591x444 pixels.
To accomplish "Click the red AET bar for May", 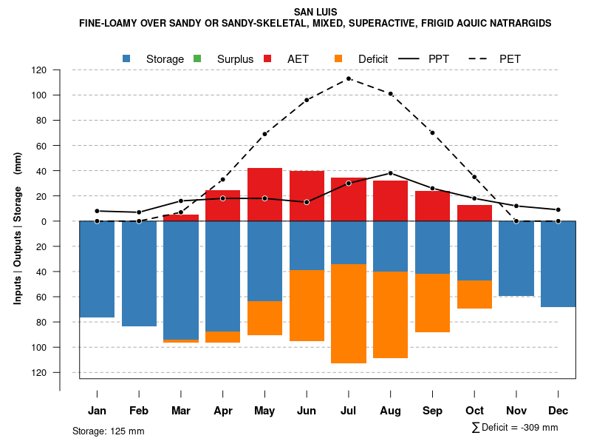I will point(264,195).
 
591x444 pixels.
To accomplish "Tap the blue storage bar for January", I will point(97,269).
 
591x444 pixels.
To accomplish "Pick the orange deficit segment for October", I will point(474,295).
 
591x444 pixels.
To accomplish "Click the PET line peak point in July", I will point(349,78).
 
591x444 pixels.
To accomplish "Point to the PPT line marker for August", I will point(391,173).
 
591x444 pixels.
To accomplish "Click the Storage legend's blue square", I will point(126,58).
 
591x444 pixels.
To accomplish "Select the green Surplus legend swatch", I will point(197,58).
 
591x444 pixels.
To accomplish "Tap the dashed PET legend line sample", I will point(481,58).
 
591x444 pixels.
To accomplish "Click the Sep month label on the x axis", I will point(433,411).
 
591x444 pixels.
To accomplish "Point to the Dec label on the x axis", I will point(558,411).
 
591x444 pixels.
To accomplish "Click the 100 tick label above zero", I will point(40,95).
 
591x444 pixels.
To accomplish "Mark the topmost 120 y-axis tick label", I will point(40,70).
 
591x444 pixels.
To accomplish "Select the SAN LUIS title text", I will point(315,12).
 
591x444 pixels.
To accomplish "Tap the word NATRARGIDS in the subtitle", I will point(520,24).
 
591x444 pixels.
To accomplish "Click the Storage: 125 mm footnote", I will point(108,431).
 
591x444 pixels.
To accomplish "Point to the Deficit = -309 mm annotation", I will point(515,427).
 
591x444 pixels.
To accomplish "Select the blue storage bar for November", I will point(516,258).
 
